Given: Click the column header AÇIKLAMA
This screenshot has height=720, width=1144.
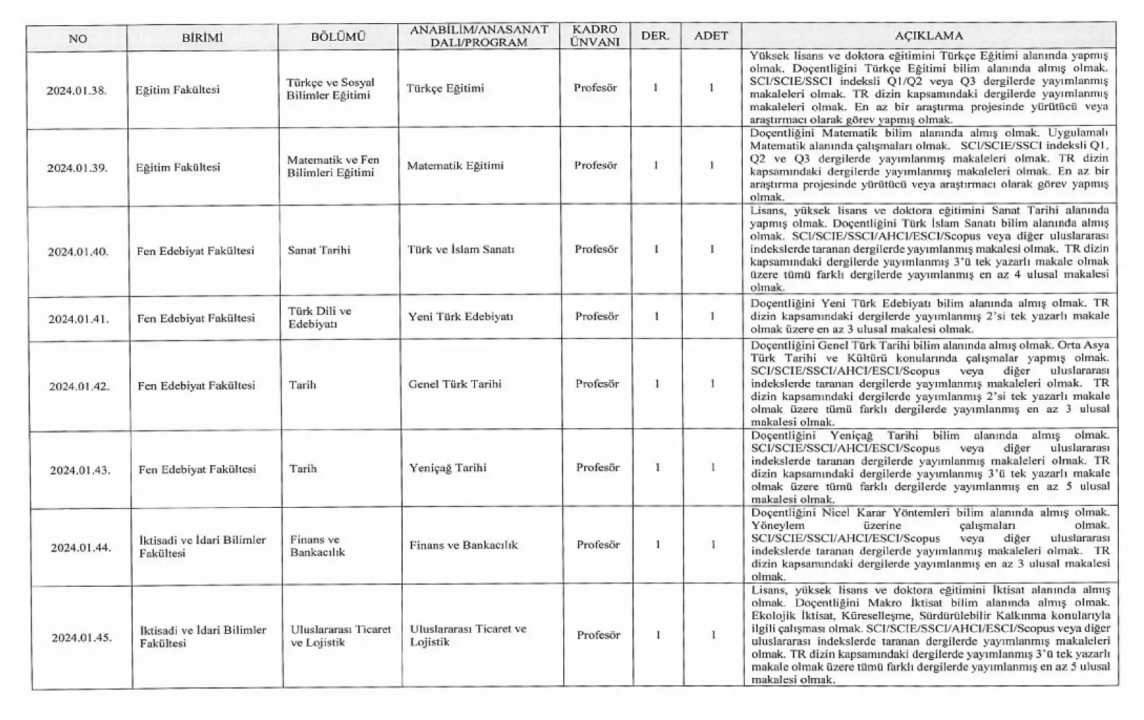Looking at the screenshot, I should pyautogui.click(x=928, y=36).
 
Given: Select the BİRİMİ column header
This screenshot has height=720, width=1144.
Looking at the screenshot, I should pyautogui.click(x=202, y=38).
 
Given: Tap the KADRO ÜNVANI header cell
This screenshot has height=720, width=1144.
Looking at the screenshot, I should pyautogui.click(x=595, y=36).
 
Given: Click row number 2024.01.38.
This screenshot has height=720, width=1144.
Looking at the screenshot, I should pyautogui.click(x=77, y=90).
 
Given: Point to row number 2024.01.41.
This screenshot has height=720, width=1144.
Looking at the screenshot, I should pyautogui.click(x=79, y=318).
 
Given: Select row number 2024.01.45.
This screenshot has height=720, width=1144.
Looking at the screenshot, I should pyautogui.click(x=82, y=638).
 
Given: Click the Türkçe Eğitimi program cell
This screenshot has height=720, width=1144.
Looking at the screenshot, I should pyautogui.click(x=445, y=88).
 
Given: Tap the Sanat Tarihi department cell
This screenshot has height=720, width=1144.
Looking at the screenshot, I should pyautogui.click(x=319, y=250).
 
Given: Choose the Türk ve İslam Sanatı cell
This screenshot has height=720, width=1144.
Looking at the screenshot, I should pyautogui.click(x=460, y=250).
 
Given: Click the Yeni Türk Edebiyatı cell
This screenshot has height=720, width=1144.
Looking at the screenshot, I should pyautogui.click(x=460, y=316).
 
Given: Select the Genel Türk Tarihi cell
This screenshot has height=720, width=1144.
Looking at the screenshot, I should pyautogui.click(x=455, y=384).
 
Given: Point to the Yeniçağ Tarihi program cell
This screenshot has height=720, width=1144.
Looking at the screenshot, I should pyautogui.click(x=448, y=468).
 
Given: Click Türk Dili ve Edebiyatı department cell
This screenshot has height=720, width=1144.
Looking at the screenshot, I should pyautogui.click(x=320, y=318).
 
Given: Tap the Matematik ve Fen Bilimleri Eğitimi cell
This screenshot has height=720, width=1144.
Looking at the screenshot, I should pyautogui.click(x=333, y=166).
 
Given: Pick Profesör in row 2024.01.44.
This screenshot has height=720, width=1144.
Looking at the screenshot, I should pyautogui.click(x=598, y=545).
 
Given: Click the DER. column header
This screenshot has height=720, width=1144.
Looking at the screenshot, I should pyautogui.click(x=655, y=36).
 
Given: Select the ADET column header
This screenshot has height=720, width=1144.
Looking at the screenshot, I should pyautogui.click(x=711, y=36).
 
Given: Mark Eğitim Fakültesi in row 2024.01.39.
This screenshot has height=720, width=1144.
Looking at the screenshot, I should pyautogui.click(x=178, y=167).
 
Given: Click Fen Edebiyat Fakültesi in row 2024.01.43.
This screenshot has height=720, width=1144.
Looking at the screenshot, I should pyautogui.click(x=197, y=469).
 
